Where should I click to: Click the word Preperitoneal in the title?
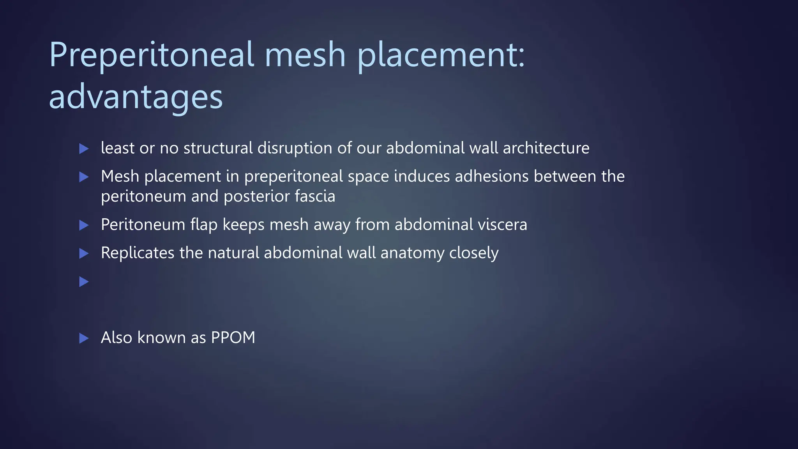(152, 55)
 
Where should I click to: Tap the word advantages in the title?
(136, 97)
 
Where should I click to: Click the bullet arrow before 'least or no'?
(84, 148)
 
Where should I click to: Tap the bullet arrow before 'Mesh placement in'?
(84, 177)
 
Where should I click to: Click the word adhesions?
(492, 177)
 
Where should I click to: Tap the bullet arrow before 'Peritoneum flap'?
(84, 225)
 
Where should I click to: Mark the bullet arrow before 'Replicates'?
(84, 254)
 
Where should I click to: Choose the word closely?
(474, 253)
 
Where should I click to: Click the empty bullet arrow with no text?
(84, 281)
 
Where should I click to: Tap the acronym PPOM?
(233, 338)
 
